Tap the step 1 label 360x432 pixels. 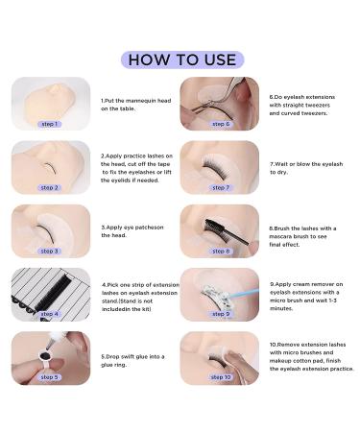pyautogui.click(x=49, y=124)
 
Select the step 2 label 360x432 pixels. pyautogui.click(x=49, y=187)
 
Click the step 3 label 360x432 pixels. pyautogui.click(x=49, y=251)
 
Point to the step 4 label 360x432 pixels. pyautogui.click(x=49, y=314)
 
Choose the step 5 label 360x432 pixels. pyautogui.click(x=49, y=377)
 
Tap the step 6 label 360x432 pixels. pyautogui.click(x=220, y=124)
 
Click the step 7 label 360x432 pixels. pyautogui.click(x=220, y=187)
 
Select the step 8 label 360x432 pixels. pyautogui.click(x=220, y=251)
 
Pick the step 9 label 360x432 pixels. pyautogui.click(x=220, y=314)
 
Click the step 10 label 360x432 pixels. pyautogui.click(x=220, y=377)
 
